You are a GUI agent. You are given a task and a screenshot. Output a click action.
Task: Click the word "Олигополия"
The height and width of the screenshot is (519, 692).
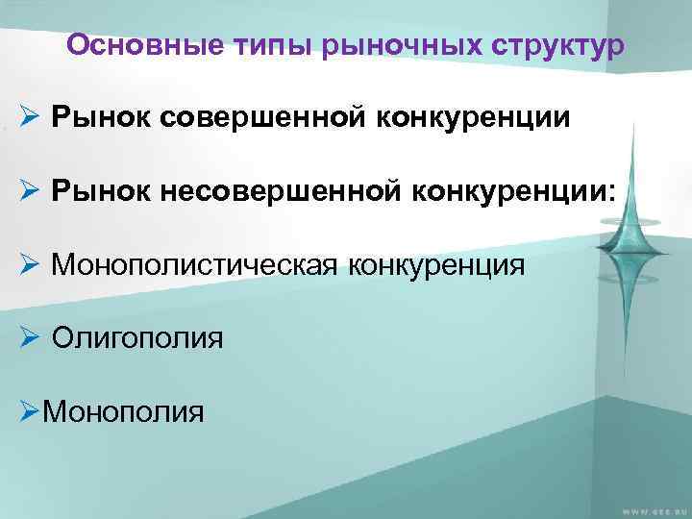pos(138,337)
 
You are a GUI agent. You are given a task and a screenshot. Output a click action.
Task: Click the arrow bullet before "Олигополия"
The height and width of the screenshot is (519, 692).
pos(29,337)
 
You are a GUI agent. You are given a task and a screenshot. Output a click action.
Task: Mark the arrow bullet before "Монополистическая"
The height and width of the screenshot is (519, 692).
pos(29,264)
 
